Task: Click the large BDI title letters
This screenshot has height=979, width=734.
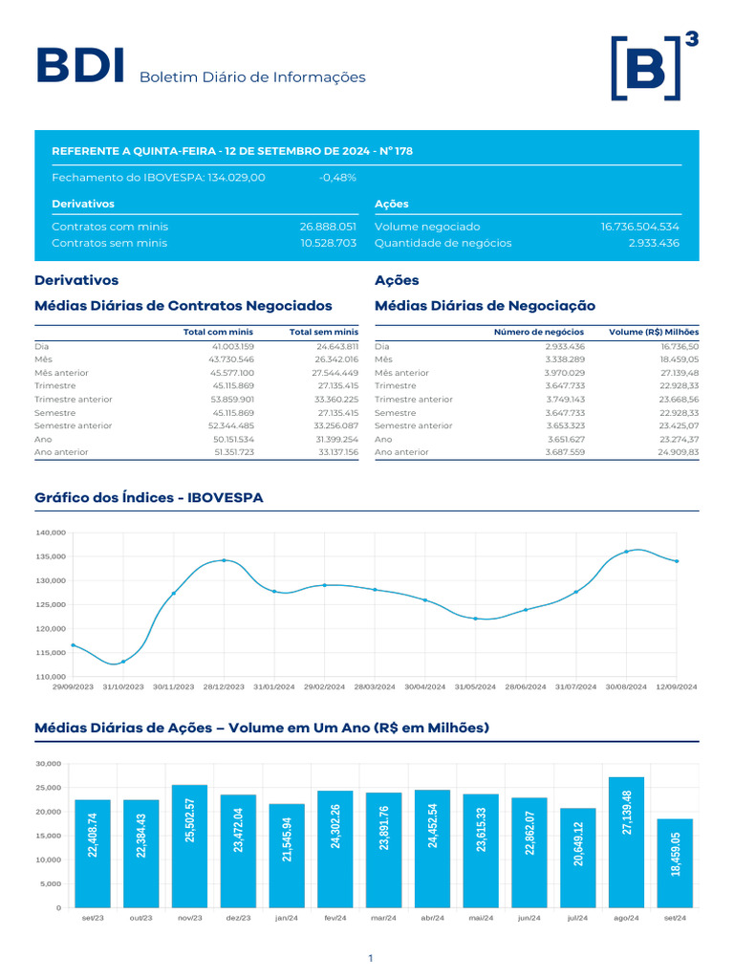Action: [80, 65]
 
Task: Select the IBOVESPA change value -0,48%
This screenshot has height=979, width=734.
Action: [337, 177]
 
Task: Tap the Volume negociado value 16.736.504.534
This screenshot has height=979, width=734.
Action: [639, 227]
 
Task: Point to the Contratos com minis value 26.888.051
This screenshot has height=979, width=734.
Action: [328, 227]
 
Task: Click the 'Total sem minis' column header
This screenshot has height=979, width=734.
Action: [323, 332]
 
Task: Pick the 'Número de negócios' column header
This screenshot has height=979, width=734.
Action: [539, 332]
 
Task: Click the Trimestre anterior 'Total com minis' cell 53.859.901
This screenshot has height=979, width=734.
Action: [232, 400]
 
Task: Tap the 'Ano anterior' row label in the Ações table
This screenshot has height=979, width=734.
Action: [401, 452]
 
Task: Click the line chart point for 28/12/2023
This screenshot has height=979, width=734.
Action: [224, 560]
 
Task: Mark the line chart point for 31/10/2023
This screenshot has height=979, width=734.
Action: [123, 662]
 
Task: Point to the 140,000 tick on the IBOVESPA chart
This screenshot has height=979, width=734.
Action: [52, 533]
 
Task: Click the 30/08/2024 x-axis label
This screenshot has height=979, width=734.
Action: [626, 686]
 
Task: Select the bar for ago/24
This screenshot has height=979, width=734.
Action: [626, 842]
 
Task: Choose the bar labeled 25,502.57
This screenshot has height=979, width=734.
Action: [190, 846]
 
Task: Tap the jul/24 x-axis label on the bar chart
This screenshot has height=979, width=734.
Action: [577, 918]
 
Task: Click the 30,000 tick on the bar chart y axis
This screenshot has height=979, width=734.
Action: [49, 764]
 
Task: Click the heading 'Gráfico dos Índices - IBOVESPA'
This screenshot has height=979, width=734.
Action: [149, 497]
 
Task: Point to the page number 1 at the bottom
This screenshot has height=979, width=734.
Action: [371, 958]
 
